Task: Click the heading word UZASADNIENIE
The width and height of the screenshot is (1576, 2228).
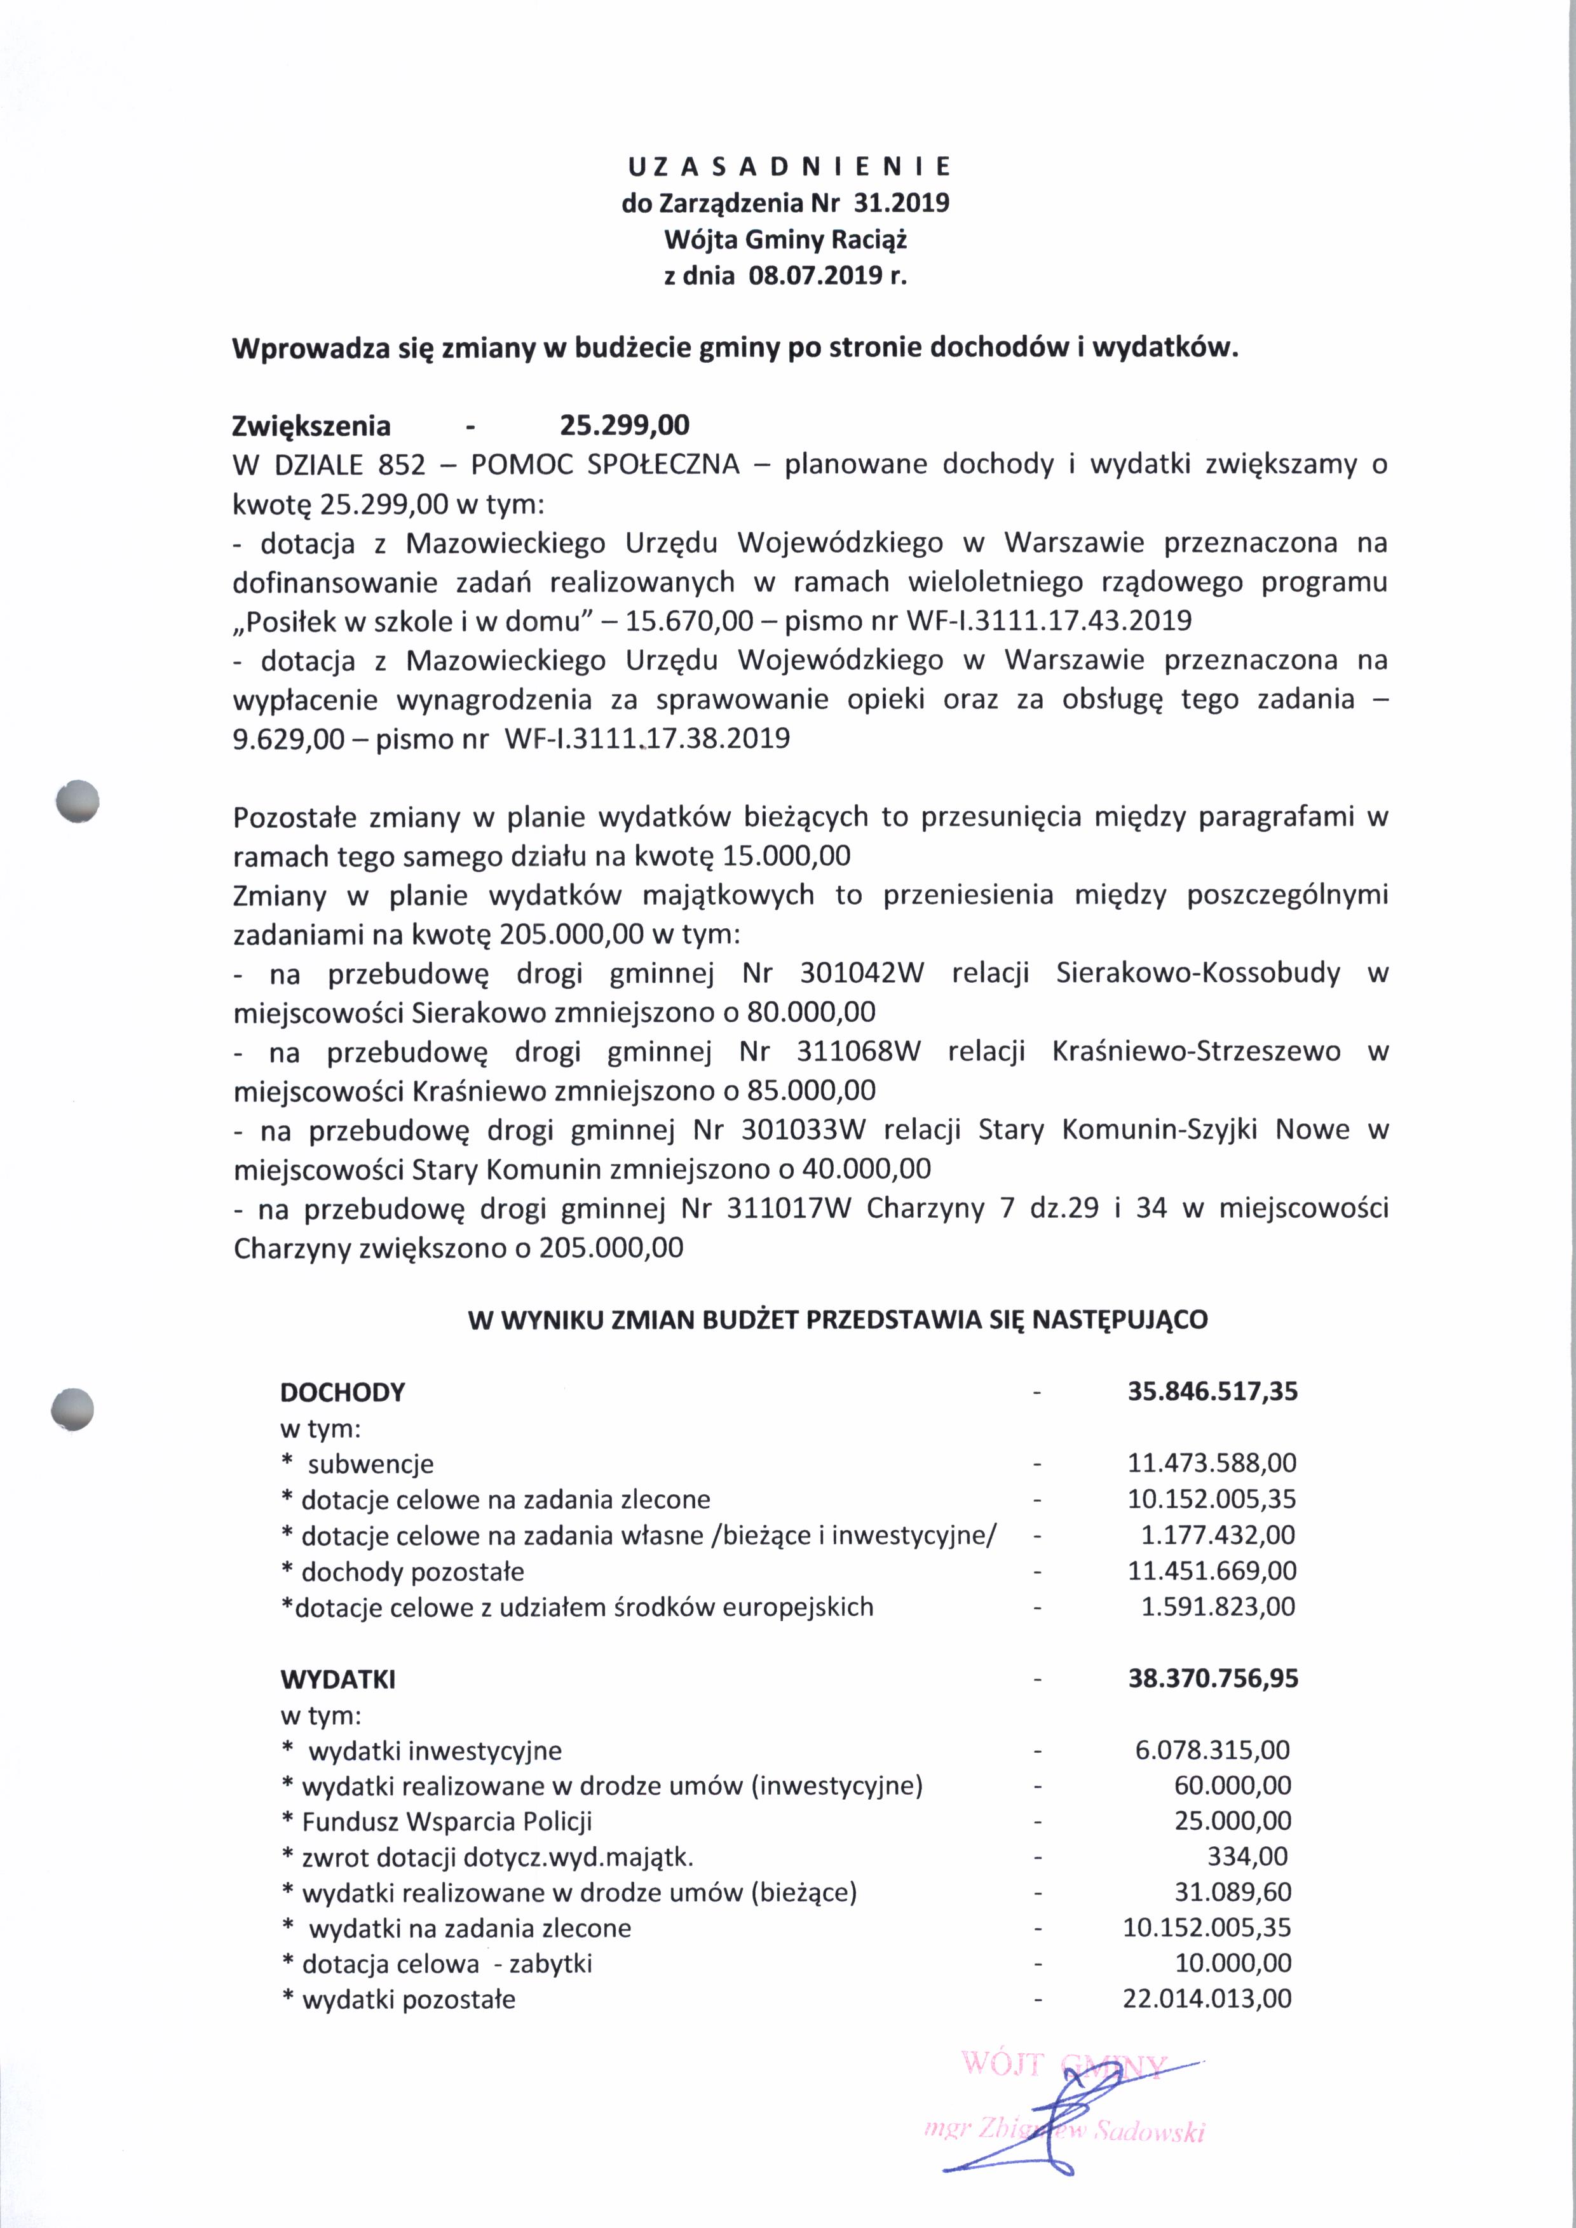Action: click(x=788, y=167)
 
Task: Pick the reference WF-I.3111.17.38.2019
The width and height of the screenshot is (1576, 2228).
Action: click(x=648, y=739)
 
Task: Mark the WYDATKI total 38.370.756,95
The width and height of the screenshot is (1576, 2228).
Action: click(x=1212, y=1678)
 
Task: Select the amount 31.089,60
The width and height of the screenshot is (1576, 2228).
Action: click(x=1232, y=1893)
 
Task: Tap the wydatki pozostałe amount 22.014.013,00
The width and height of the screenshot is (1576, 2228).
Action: click(x=1207, y=1999)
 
